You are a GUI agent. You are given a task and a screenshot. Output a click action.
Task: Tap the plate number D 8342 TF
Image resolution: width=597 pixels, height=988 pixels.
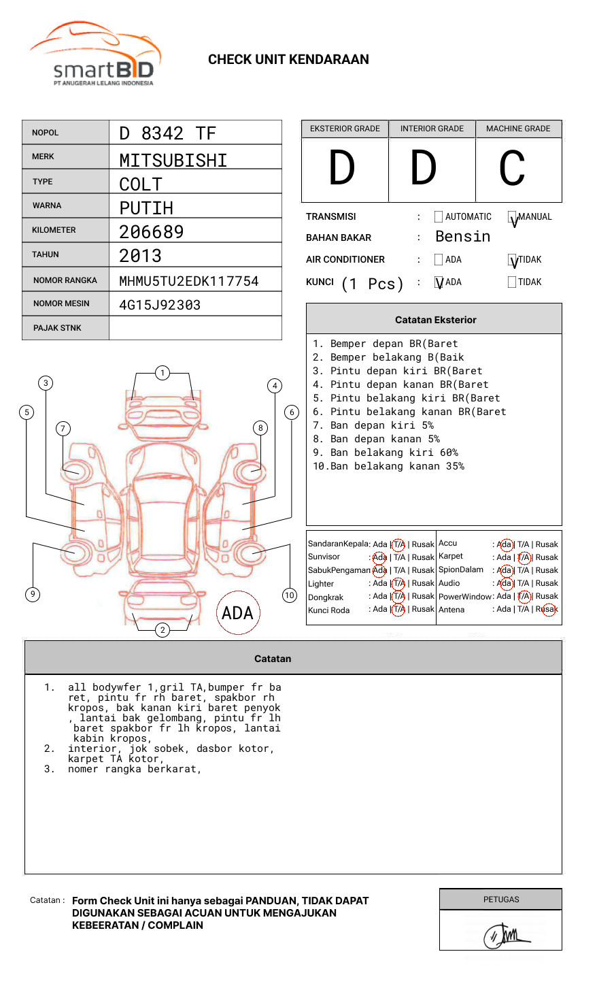click(167, 133)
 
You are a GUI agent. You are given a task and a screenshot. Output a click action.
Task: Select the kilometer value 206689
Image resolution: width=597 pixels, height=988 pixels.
click(152, 232)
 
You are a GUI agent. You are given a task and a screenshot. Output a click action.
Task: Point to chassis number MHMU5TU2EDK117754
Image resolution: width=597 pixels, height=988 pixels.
click(189, 281)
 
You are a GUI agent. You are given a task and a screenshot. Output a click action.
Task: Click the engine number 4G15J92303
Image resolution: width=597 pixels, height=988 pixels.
click(160, 305)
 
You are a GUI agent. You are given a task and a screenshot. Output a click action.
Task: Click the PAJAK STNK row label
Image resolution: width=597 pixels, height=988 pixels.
click(57, 328)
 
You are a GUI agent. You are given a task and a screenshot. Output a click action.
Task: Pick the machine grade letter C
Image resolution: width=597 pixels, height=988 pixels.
click(512, 169)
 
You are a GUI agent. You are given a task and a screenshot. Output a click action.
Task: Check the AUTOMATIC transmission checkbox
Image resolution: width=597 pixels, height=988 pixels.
click(439, 217)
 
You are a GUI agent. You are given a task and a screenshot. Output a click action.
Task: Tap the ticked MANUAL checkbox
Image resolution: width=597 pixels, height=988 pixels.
click(512, 218)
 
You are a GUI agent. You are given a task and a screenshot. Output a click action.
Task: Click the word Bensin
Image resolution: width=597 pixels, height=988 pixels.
click(462, 237)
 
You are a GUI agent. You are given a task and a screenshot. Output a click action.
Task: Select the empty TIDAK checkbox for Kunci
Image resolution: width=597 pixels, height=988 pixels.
click(512, 282)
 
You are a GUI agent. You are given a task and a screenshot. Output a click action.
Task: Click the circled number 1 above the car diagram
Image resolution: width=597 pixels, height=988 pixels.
click(162, 373)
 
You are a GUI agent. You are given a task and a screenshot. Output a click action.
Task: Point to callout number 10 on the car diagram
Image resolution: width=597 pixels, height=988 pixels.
click(290, 595)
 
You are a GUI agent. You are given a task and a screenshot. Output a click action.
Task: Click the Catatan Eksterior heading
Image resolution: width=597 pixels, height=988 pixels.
click(435, 320)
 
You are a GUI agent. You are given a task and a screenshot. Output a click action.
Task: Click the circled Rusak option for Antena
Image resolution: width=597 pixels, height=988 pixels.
click(548, 610)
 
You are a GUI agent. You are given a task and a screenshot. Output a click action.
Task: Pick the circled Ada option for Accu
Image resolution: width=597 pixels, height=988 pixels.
click(505, 544)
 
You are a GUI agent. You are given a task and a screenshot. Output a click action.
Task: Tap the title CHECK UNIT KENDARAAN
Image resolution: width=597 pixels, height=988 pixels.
click(288, 60)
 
